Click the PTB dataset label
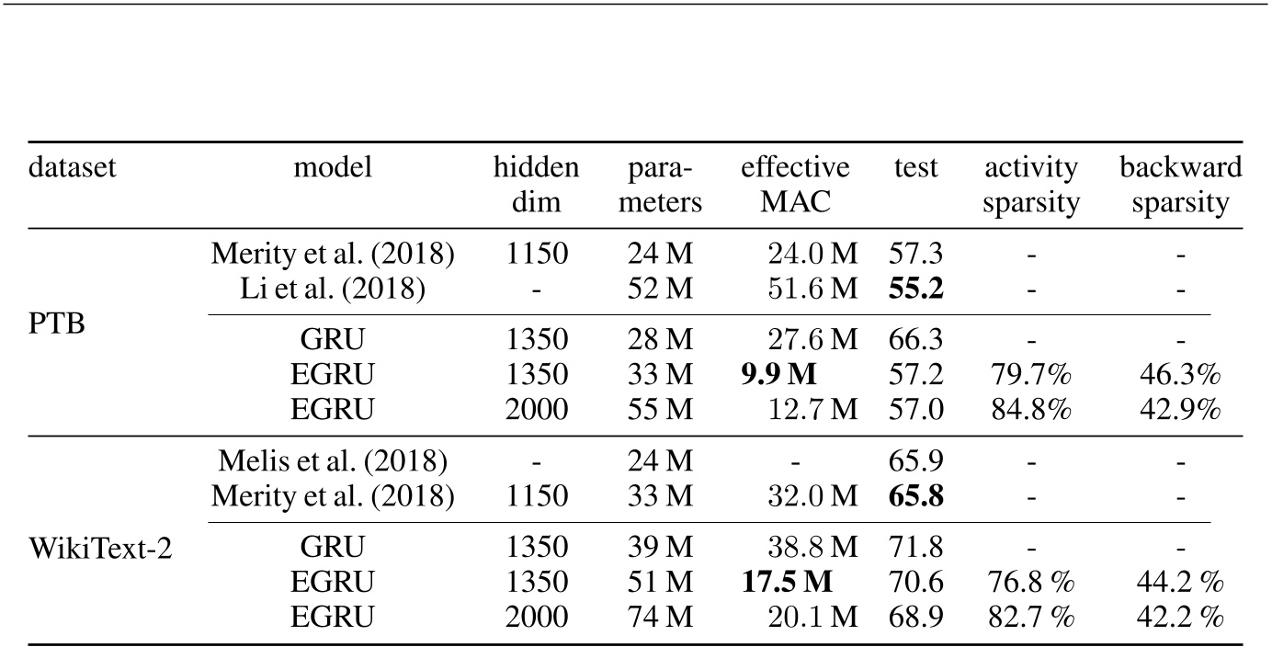click(57, 324)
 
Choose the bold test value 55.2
click(917, 289)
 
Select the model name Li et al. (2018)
click(333, 289)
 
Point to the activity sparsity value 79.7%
click(1030, 375)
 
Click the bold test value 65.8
click(917, 497)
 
